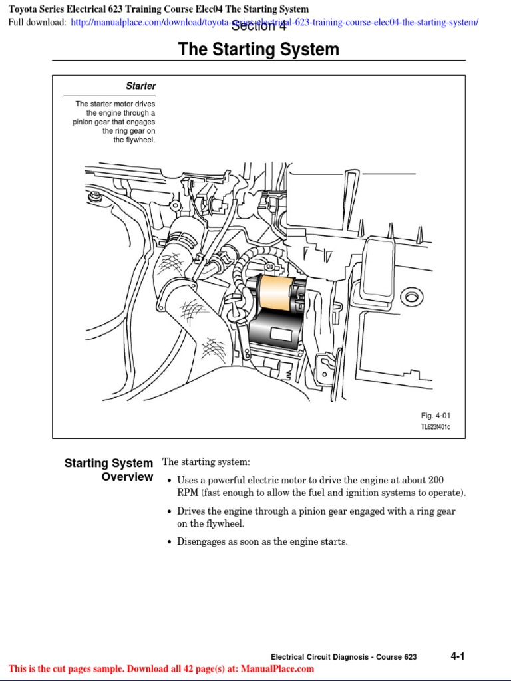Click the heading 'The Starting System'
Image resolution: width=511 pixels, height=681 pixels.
258,50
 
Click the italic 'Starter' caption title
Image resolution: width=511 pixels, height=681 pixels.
140,86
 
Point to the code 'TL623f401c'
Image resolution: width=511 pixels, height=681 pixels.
435,427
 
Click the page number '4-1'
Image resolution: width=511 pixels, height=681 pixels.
457,656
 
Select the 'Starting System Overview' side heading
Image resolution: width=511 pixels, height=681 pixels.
108,470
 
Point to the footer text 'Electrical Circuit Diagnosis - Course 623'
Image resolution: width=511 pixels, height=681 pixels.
344,657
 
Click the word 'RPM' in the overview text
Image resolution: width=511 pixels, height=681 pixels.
187,493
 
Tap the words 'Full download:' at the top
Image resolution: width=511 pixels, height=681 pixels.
37,23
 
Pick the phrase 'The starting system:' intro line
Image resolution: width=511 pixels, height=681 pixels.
206,462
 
